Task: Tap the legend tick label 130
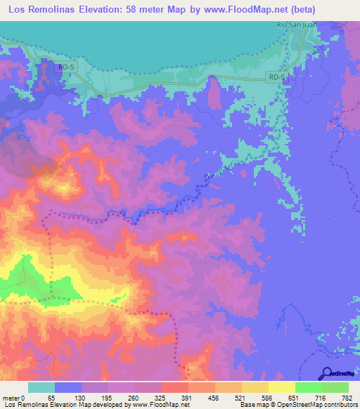click(x=81, y=398)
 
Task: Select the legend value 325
click(x=161, y=398)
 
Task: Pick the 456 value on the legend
click(x=214, y=398)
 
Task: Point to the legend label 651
click(x=295, y=398)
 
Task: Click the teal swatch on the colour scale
click(x=41, y=387)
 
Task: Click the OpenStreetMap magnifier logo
click(x=327, y=373)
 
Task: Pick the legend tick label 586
click(x=268, y=398)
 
